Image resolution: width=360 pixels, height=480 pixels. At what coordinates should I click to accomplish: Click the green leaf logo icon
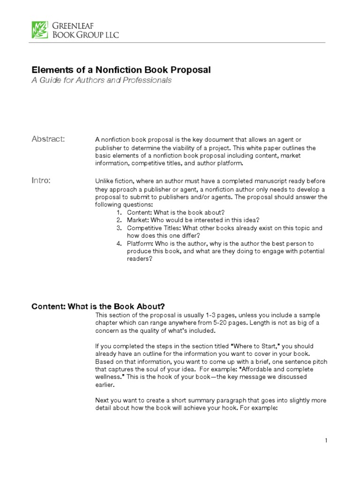pyautogui.click(x=39, y=29)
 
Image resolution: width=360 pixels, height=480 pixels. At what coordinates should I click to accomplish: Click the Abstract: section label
pyautogui.click(x=48, y=139)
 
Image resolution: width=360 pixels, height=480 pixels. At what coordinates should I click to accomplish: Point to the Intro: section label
pyautogui.click(x=41, y=180)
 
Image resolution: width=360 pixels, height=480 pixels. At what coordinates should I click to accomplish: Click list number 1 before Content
pyautogui.click(x=120, y=212)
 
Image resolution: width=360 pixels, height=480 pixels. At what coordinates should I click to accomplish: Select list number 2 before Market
pyautogui.click(x=120, y=220)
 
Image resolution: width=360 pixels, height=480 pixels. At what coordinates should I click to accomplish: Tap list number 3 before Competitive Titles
pyautogui.click(x=120, y=228)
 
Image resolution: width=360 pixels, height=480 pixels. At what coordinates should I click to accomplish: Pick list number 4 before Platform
pyautogui.click(x=120, y=244)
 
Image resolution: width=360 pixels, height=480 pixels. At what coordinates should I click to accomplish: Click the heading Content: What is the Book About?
pyautogui.click(x=98, y=306)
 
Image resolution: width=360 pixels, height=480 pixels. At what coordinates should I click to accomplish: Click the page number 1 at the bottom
pyautogui.click(x=325, y=440)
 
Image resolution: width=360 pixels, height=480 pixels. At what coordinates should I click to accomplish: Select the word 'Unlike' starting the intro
pyautogui.click(x=104, y=181)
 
